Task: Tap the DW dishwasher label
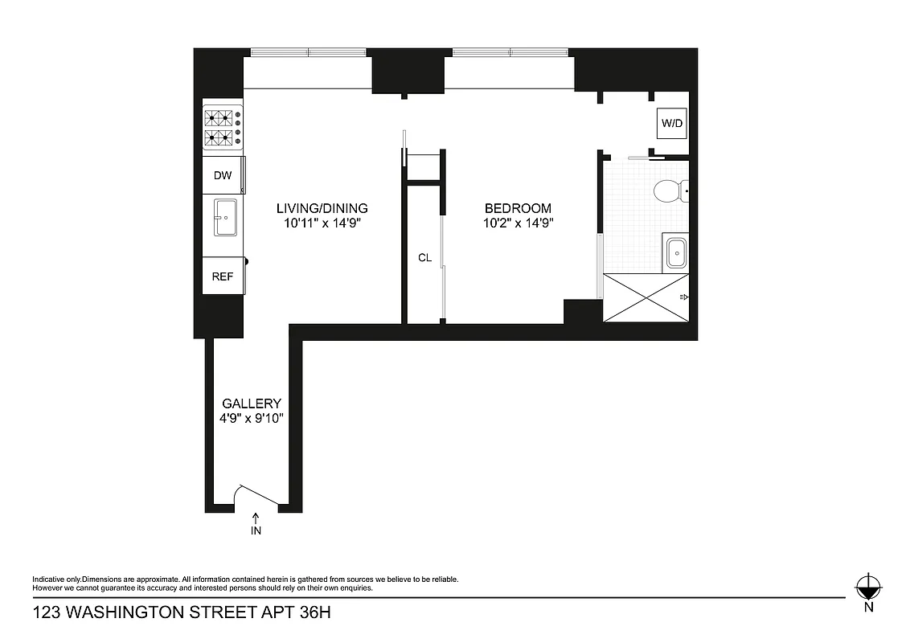223,174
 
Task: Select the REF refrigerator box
223,276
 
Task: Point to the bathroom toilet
667,191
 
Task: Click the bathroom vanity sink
676,253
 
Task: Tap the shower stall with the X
646,297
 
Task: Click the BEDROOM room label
518,208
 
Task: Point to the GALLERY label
252,403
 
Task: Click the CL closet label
424,258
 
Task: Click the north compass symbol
867,588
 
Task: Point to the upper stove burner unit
223,118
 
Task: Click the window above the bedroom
510,53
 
